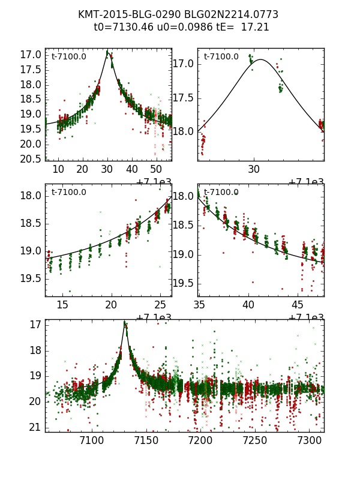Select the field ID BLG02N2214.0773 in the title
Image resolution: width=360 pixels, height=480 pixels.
[234, 15]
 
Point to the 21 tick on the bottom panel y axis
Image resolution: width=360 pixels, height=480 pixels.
[35, 427]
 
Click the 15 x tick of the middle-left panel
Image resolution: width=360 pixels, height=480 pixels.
[62, 305]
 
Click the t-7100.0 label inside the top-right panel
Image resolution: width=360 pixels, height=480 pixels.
[221, 57]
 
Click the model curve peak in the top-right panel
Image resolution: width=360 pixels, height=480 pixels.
[261, 59]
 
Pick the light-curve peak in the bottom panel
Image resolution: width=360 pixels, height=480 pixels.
[125, 323]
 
